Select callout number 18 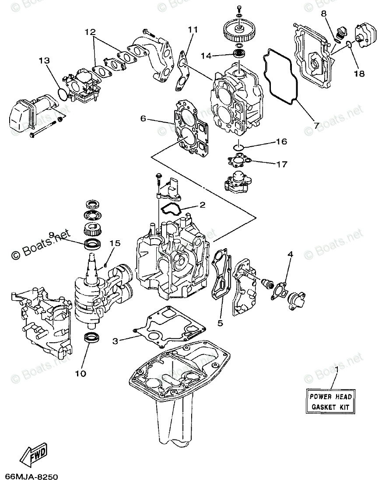[x=359, y=74]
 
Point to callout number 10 [x=81, y=373]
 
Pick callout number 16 [x=281, y=142]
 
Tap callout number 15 [x=115, y=243]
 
